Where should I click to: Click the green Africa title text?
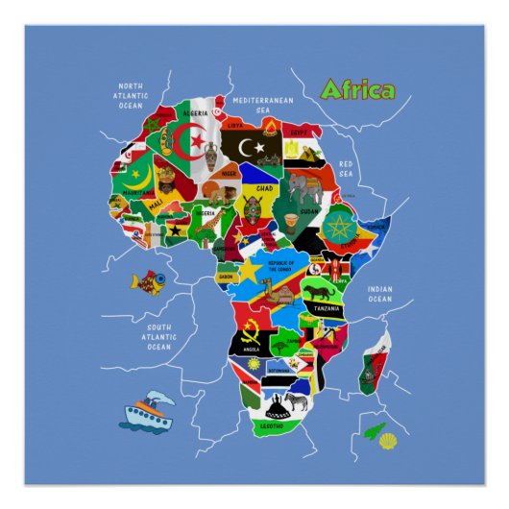point(356,90)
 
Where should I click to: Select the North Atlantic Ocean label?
point(130,94)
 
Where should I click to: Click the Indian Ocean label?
point(379,294)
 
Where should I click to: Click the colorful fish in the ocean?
point(148,280)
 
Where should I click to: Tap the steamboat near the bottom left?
point(145,410)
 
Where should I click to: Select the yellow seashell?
point(387,440)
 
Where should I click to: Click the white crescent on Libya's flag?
point(253,147)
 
